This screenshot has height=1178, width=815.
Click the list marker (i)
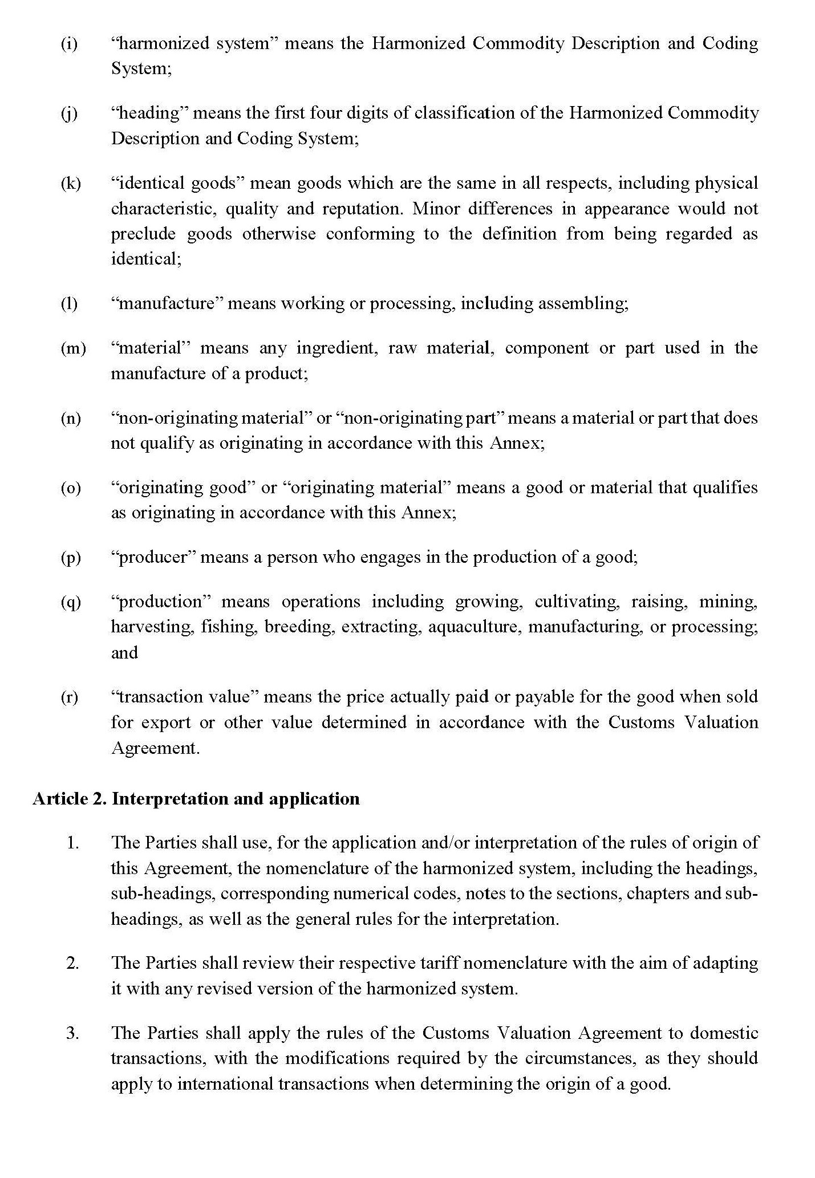click(69, 44)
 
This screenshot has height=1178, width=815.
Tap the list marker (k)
click(71, 184)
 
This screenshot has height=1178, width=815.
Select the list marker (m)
click(73, 348)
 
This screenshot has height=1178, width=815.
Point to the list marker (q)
click(71, 602)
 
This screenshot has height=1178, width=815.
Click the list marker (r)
click(69, 697)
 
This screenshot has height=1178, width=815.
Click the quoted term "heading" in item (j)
click(149, 113)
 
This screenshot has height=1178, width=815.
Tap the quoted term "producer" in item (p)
click(152, 557)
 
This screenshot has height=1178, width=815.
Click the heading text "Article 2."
click(70, 799)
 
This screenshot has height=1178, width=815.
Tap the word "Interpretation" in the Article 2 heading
click(169, 799)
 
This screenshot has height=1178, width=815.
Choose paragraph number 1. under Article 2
click(72, 843)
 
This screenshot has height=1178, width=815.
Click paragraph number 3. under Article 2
click(72, 1033)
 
